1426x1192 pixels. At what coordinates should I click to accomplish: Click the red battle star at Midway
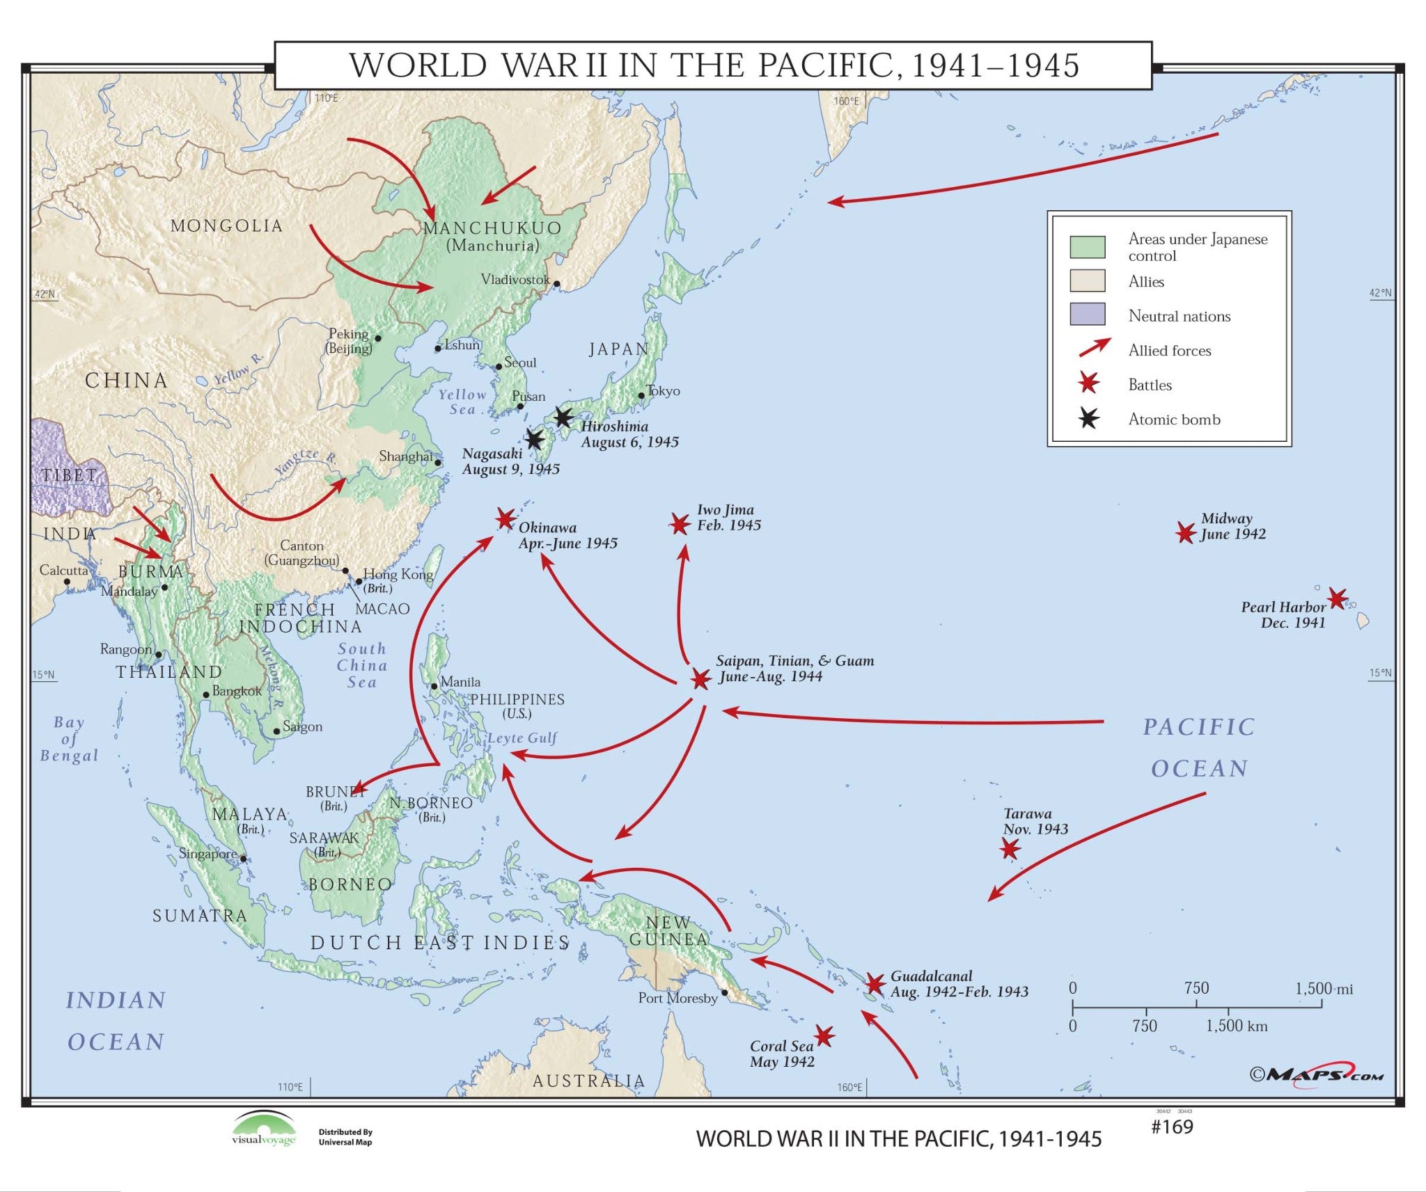[1185, 533]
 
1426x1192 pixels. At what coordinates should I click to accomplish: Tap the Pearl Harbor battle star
[1337, 598]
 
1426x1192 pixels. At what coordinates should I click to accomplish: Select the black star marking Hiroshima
[563, 418]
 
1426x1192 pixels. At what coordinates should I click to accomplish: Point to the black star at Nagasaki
[534, 440]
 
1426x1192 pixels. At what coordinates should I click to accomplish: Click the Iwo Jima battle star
[680, 524]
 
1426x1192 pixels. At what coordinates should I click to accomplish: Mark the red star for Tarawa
[1010, 848]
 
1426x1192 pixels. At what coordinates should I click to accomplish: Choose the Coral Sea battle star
[824, 1036]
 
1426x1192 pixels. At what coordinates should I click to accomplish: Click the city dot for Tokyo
[641, 395]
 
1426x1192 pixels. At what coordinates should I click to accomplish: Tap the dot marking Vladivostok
[556, 284]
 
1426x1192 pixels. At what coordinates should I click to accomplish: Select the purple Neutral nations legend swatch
[1087, 314]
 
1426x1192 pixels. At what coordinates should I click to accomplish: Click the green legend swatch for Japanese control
[1087, 247]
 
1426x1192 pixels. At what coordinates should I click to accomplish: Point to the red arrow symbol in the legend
[1094, 347]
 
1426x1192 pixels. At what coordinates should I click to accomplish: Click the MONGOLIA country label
[226, 226]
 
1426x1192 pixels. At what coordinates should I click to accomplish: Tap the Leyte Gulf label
[522, 738]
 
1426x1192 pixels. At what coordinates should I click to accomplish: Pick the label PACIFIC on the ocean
[1198, 727]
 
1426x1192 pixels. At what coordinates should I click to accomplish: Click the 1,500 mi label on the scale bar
[1324, 989]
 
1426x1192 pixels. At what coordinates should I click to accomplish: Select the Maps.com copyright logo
[1317, 1074]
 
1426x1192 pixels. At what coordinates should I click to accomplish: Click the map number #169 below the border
[1172, 1127]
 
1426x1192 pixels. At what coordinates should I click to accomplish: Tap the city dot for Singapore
[243, 858]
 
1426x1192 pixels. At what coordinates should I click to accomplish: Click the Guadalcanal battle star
[875, 984]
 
